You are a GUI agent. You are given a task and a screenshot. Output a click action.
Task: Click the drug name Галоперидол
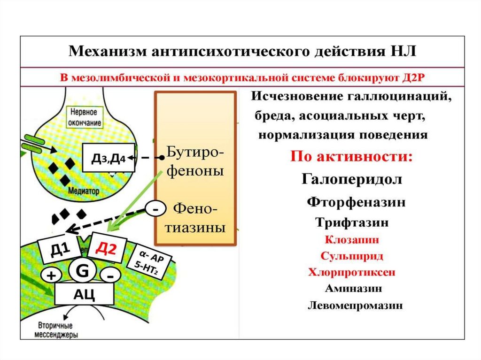click(351, 180)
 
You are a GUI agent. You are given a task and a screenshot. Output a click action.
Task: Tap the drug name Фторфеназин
click(356, 202)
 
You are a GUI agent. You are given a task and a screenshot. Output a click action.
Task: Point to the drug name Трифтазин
click(352, 222)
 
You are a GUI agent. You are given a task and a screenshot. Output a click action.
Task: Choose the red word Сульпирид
click(352, 256)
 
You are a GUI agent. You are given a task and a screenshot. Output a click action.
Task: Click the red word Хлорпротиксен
click(352, 272)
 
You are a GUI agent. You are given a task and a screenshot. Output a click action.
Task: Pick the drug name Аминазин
click(352, 288)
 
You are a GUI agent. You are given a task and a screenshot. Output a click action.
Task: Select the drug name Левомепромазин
click(355, 306)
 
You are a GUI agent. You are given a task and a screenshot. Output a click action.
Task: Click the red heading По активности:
click(352, 156)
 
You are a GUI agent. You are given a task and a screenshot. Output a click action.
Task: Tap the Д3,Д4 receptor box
click(109, 158)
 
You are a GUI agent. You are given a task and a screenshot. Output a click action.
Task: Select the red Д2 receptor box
click(106, 248)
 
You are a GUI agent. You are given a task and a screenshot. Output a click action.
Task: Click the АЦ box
click(84, 294)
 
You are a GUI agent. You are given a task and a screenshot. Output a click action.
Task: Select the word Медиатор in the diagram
click(84, 191)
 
